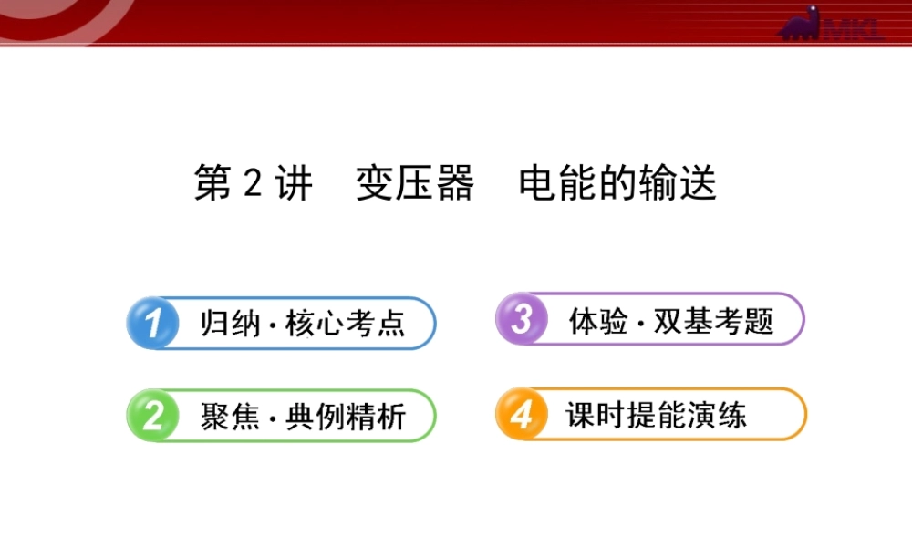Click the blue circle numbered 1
[152, 323]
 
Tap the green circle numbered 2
[152, 416]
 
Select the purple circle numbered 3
[521, 320]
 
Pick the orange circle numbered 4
[521, 415]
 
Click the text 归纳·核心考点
[303, 324]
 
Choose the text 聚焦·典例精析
[303, 417]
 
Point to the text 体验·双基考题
[671, 321]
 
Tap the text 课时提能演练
[656, 416]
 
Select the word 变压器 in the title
[415, 184]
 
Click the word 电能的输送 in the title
[617, 184]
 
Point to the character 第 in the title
[213, 184]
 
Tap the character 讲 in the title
[293, 184]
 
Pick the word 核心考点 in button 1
[346, 324]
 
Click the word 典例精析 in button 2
[346, 417]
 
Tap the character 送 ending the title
[698, 184]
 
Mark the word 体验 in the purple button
[598, 321]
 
